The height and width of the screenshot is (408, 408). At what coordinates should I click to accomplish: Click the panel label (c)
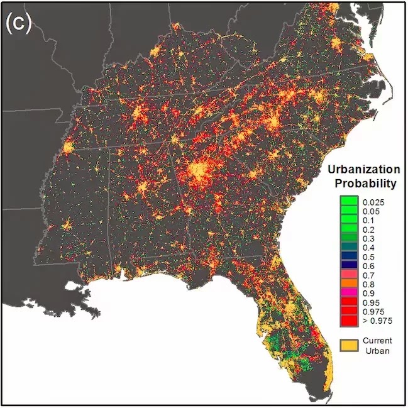pyautogui.click(x=18, y=23)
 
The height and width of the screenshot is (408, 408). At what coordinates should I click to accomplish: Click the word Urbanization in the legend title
pyautogui.click(x=364, y=169)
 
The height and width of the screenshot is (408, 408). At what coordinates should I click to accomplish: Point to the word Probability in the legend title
pyautogui.click(x=365, y=184)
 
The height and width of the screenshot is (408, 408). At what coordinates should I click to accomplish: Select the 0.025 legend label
pyautogui.click(x=373, y=202)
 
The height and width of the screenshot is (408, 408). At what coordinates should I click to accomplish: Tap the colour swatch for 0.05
pyautogui.click(x=349, y=210)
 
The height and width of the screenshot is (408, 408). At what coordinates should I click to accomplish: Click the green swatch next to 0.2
pyautogui.click(x=349, y=228)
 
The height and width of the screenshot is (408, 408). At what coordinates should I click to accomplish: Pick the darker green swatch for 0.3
pyautogui.click(x=349, y=237)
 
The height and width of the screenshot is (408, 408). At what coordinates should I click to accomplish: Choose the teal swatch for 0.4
pyautogui.click(x=349, y=246)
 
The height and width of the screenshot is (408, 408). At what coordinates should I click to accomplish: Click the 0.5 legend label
pyautogui.click(x=369, y=257)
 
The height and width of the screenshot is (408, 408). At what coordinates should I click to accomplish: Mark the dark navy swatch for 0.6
pyautogui.click(x=349, y=265)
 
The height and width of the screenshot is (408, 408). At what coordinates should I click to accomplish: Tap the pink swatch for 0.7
pyautogui.click(x=349, y=273)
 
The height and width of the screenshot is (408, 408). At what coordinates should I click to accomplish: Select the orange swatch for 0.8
pyautogui.click(x=349, y=283)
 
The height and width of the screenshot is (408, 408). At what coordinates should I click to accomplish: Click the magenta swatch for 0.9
pyautogui.click(x=349, y=292)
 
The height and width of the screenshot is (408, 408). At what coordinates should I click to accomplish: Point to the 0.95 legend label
pyautogui.click(x=372, y=302)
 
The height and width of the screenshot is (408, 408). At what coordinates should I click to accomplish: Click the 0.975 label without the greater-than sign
pyautogui.click(x=373, y=312)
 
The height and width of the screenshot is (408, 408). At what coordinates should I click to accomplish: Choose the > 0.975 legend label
pyautogui.click(x=377, y=321)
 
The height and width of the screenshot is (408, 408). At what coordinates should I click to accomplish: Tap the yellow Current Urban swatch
pyautogui.click(x=349, y=345)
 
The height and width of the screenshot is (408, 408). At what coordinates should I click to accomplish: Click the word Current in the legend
pyautogui.click(x=377, y=341)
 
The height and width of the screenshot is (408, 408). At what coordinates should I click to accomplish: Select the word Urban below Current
pyautogui.click(x=377, y=351)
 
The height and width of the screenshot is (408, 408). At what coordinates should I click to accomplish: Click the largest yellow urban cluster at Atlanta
pyautogui.click(x=199, y=171)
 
